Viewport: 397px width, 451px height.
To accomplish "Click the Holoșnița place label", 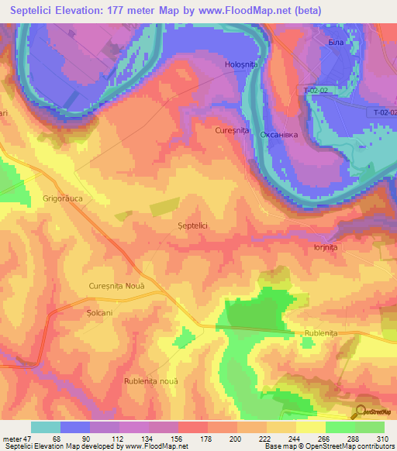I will click(x=240, y=64).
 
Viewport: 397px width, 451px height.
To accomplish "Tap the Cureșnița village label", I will click(x=232, y=131).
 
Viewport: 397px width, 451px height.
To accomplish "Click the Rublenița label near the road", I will click(x=317, y=334).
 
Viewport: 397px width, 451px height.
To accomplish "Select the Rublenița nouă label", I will click(x=151, y=381).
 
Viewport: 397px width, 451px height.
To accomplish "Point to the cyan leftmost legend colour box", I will click(x=46, y=427).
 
